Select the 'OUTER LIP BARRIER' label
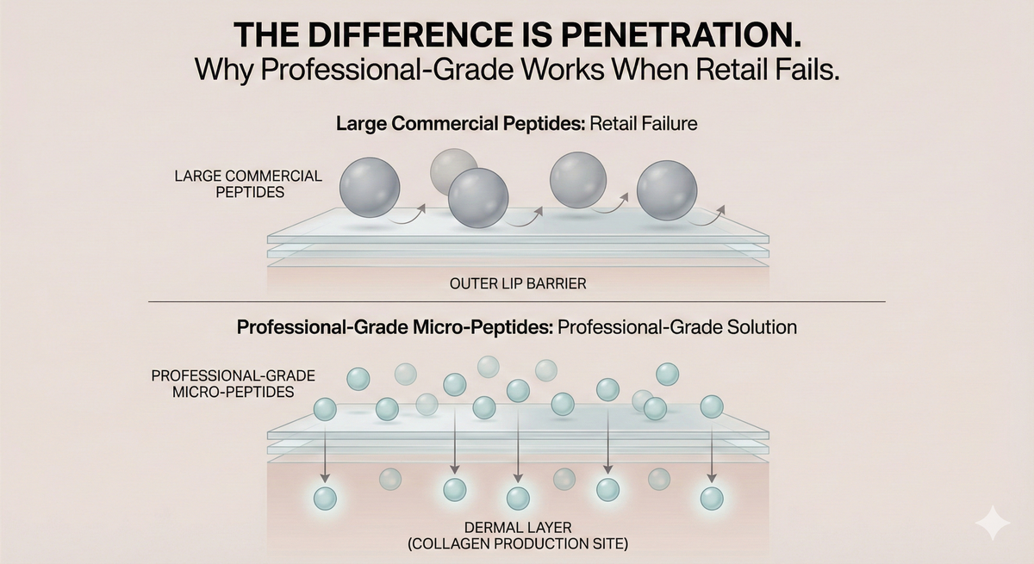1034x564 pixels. pyautogui.click(x=518, y=283)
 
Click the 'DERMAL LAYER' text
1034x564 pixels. pyautogui.click(x=518, y=528)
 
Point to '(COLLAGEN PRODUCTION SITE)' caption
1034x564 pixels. pyautogui.click(x=518, y=543)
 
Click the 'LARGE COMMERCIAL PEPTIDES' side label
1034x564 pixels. pyautogui.click(x=248, y=184)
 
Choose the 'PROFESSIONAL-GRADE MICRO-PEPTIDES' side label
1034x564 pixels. pyautogui.click(x=234, y=384)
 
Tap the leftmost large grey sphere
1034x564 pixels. pyautogui.click(x=370, y=187)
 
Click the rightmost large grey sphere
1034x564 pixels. pyautogui.click(x=667, y=190)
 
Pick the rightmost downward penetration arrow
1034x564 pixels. pyautogui.click(x=712, y=452)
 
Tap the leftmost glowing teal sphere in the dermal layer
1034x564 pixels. pyautogui.click(x=325, y=499)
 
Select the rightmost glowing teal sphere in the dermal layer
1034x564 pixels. pyautogui.click(x=712, y=499)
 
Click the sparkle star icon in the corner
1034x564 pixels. pyautogui.click(x=993, y=523)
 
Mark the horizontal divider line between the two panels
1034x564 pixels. pyautogui.click(x=517, y=302)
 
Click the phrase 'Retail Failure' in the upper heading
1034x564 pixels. pyautogui.click(x=644, y=124)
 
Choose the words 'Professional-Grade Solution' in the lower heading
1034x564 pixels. pyautogui.click(x=677, y=327)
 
